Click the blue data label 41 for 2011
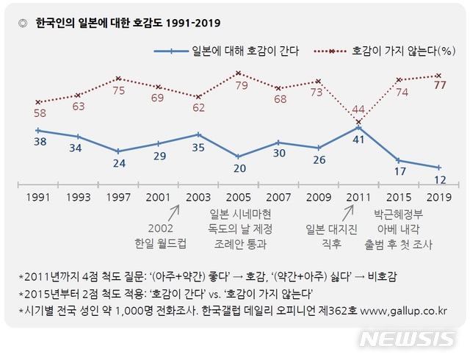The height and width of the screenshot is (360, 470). click(x=358, y=138)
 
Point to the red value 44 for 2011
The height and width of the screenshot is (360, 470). click(x=358, y=109)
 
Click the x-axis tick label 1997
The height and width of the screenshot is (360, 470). click(x=118, y=198)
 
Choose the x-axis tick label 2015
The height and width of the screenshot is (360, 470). click(x=398, y=198)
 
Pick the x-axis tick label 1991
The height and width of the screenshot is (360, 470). click(x=37, y=198)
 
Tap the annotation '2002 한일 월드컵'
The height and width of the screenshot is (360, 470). click(x=158, y=235)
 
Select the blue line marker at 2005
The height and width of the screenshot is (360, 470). click(x=238, y=156)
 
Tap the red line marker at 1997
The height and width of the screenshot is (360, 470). click(x=118, y=79)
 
